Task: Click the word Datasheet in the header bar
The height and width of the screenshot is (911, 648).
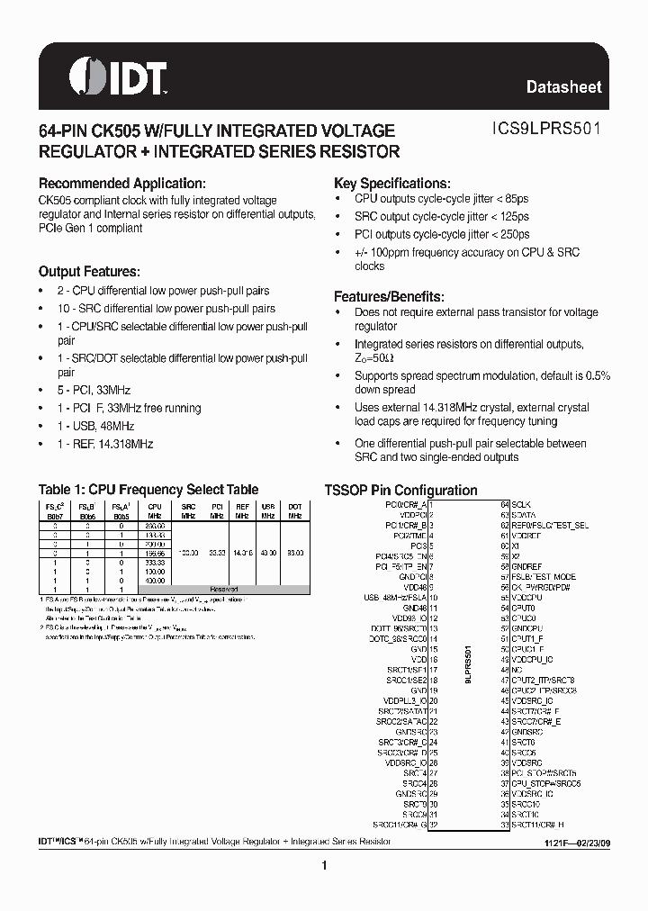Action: [563, 87]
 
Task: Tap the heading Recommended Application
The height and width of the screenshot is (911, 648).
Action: [128, 183]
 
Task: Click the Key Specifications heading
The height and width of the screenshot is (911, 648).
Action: [391, 183]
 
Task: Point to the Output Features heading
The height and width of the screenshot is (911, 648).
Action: [88, 272]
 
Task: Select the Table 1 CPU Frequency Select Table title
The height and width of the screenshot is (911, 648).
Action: [148, 490]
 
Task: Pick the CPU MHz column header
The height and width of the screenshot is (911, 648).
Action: [155, 510]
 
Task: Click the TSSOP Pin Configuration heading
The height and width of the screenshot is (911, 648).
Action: [400, 491]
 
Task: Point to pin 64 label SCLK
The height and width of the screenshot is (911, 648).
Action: [521, 505]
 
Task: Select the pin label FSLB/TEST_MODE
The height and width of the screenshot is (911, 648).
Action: [544, 576]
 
